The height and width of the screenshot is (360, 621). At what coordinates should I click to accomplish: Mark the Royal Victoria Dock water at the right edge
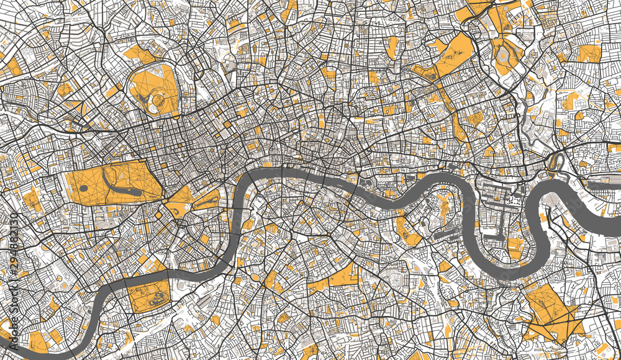coord(602,185)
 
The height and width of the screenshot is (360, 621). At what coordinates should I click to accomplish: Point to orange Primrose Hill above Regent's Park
coord(140,55)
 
